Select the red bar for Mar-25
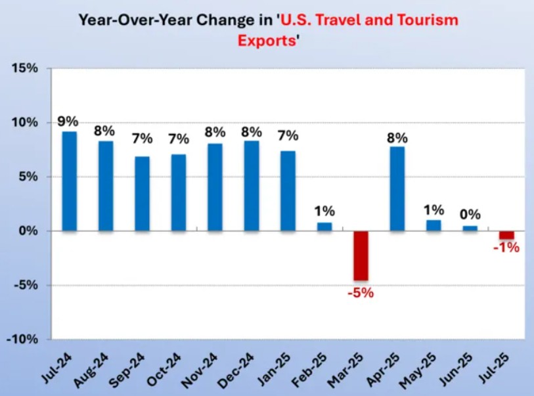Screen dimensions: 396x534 [360, 255]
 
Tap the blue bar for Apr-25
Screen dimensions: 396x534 [397, 188]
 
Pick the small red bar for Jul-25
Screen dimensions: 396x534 [506, 235]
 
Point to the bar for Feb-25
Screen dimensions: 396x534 [324, 227]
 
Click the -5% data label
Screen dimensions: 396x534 [360, 293]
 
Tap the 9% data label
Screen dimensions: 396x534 [68, 121]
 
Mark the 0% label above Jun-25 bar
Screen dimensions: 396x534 [470, 215]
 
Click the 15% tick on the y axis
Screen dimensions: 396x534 [26, 69]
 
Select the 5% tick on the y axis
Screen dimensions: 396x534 [30, 177]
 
